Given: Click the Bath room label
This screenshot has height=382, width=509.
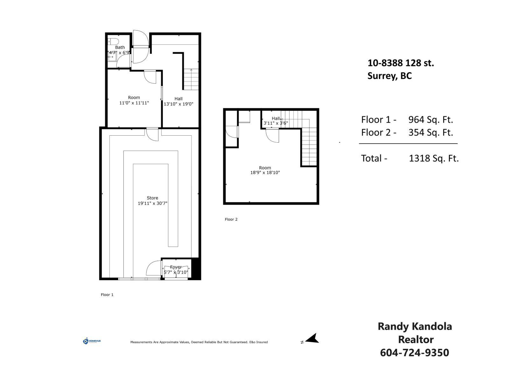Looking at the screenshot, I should (120, 47).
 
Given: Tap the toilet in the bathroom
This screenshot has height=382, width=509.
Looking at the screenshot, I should (113, 41).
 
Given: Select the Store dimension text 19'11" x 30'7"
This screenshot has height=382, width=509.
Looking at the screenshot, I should (152, 203).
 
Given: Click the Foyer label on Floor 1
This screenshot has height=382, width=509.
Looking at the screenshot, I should (176, 267).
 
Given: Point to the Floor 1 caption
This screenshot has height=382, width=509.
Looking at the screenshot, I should (107, 295).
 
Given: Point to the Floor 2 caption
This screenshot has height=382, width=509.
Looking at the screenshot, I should (231, 219).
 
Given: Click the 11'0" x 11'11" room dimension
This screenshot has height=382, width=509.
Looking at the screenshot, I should (134, 103).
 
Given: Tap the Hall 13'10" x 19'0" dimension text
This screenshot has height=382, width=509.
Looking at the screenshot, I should (178, 104).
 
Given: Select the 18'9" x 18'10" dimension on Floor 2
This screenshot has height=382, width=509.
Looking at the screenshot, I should (265, 173).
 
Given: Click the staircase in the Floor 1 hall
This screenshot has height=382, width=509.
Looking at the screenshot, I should (191, 80).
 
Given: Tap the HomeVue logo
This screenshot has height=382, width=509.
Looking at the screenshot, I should (92, 341).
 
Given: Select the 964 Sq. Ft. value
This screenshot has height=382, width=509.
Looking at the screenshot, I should (430, 120).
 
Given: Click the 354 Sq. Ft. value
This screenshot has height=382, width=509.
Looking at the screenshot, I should (430, 132).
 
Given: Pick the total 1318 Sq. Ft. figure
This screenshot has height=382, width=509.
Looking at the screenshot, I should (434, 158).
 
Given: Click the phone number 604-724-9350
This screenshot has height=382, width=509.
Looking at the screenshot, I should (415, 353).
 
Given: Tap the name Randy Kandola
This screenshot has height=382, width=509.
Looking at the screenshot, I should (415, 326).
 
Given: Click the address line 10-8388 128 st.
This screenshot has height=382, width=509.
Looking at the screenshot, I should (401, 63).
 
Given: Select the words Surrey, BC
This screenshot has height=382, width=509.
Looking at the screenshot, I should (389, 76).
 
